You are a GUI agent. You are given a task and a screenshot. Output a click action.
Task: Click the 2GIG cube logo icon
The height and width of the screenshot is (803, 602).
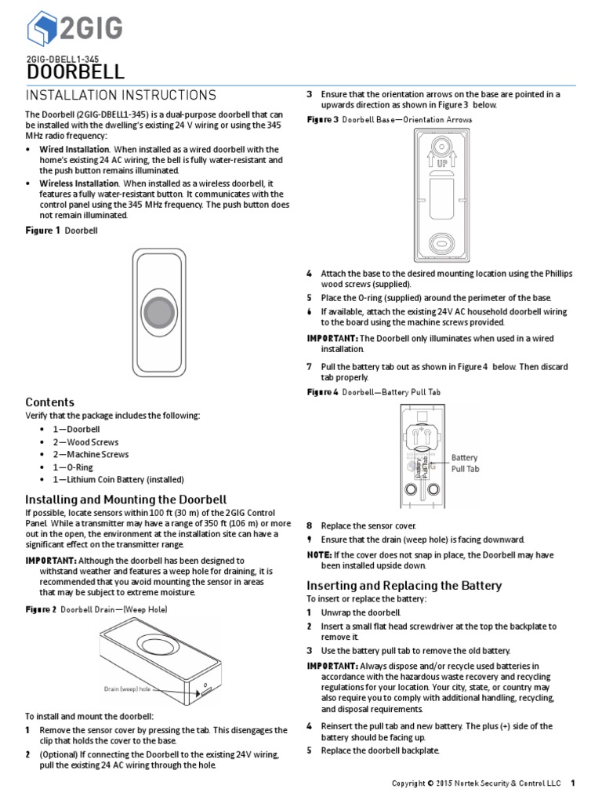tap(42, 30)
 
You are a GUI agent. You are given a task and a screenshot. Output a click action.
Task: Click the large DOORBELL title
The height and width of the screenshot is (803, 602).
tap(75, 73)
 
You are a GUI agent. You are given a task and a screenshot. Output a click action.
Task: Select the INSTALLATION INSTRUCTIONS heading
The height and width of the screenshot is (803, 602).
tap(121, 96)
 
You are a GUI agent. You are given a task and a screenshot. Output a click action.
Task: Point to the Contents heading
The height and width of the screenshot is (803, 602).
tap(50, 402)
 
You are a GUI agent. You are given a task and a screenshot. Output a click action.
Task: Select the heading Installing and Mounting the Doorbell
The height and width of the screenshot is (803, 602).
tap(126, 500)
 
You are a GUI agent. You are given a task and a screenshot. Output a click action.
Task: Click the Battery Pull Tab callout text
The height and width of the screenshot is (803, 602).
tap(464, 463)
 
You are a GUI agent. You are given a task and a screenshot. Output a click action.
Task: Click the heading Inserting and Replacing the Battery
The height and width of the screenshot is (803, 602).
tap(404, 586)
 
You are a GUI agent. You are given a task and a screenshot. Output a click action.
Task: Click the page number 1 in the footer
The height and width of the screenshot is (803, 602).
tap(573, 783)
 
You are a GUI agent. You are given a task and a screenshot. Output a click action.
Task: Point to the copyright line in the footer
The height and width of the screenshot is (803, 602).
tap(477, 783)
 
